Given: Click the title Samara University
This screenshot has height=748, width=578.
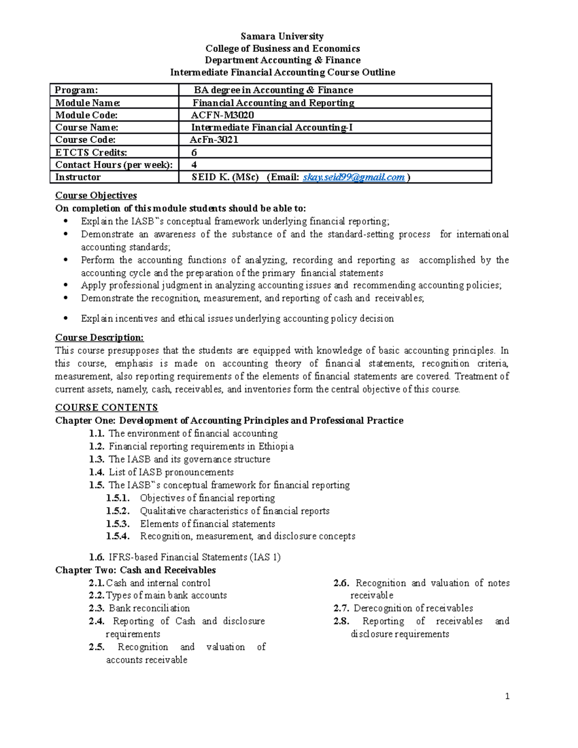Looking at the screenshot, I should click(x=282, y=36).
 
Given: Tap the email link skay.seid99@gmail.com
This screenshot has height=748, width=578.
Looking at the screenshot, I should click(x=354, y=177).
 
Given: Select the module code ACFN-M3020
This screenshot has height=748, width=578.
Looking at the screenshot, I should click(x=223, y=115).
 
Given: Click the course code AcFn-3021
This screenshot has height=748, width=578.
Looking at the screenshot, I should click(x=214, y=140).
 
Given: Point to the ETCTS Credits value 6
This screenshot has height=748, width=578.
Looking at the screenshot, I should click(x=194, y=153).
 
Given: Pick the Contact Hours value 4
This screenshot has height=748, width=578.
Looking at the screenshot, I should click(x=194, y=165).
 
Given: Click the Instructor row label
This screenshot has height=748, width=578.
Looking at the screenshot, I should click(x=78, y=177).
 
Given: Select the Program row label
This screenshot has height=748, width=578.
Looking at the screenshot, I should click(x=76, y=90).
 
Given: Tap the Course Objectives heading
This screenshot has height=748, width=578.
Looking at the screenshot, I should click(x=96, y=196).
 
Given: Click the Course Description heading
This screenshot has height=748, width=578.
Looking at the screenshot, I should click(x=99, y=338).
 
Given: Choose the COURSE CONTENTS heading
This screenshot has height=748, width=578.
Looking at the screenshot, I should click(x=106, y=407).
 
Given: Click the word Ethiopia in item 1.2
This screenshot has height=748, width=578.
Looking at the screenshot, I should click(x=276, y=446).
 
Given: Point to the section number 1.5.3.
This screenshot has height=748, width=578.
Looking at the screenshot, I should click(x=118, y=524).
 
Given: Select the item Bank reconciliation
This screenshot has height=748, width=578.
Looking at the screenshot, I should click(x=149, y=608).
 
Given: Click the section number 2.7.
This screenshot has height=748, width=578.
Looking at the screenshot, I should click(x=341, y=608).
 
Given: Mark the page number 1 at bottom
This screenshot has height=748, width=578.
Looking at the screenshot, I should click(x=507, y=696).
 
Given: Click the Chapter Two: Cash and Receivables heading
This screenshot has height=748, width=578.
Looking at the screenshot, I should click(x=135, y=570).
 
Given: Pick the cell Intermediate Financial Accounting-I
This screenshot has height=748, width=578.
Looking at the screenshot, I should click(x=272, y=128).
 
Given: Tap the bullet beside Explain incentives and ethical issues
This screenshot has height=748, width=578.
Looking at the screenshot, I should click(x=66, y=318).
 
